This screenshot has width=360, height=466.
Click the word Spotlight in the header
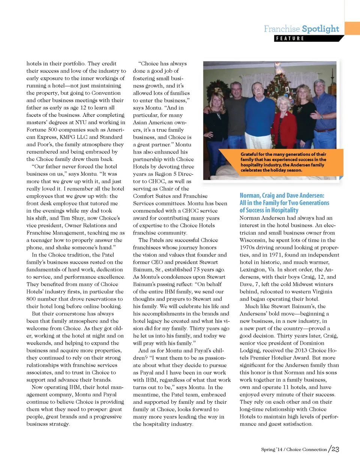320,29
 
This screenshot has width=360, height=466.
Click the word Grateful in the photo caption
249,154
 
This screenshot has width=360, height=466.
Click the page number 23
335,449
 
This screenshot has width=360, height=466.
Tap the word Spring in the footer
268,450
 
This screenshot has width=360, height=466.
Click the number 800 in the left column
31,299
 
